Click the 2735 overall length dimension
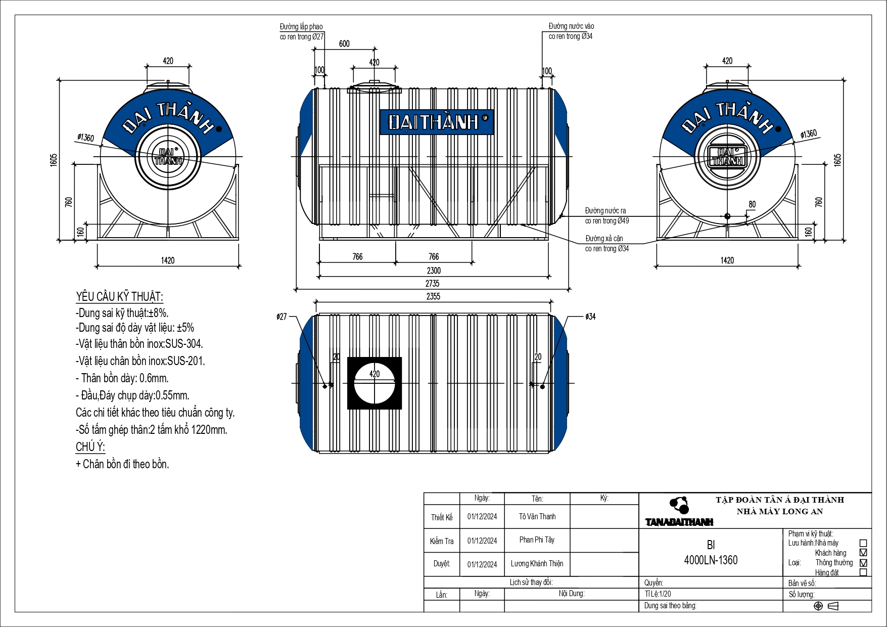point(432,284)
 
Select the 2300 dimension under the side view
point(434,271)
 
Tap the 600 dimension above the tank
point(344,44)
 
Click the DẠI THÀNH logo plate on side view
point(437,122)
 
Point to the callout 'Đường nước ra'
point(605,211)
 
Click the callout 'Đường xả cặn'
point(604,239)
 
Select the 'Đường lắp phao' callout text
point(301,27)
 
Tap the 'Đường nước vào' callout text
point(572,26)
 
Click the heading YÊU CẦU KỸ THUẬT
point(120,297)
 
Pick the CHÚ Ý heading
point(90,447)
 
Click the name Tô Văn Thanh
point(537,517)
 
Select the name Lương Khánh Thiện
point(537,564)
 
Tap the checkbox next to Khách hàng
point(863,553)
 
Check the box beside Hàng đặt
point(863,572)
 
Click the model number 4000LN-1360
point(711,560)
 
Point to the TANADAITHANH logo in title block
point(679,522)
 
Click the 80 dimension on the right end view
point(752,205)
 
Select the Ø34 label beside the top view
point(590,317)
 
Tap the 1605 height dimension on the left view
point(54,160)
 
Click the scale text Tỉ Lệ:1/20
point(658,594)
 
